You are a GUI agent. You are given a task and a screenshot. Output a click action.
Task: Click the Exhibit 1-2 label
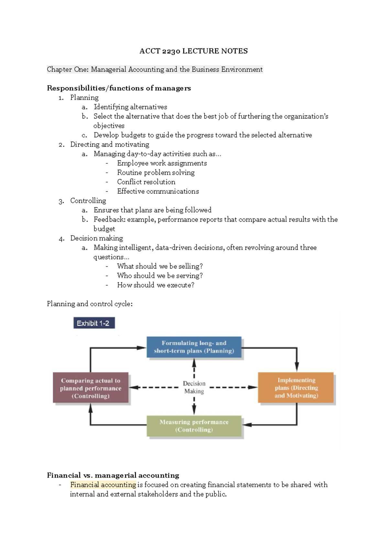point(94,323)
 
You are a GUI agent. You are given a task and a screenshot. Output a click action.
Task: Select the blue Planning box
point(194,347)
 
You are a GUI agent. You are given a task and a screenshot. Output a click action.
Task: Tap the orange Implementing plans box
point(296,388)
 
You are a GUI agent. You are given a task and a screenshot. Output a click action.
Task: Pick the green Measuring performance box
point(194,426)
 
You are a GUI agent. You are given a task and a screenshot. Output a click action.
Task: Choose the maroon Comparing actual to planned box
point(91,388)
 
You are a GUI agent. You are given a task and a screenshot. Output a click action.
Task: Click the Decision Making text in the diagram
point(194,387)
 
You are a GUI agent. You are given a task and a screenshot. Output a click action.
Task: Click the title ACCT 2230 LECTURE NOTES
point(194,51)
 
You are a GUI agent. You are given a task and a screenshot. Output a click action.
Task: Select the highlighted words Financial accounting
point(103,485)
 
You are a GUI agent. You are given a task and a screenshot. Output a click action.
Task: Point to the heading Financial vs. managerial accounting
point(113,475)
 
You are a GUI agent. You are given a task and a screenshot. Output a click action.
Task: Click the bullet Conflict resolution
point(146,182)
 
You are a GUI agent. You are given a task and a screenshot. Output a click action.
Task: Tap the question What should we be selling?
point(160,266)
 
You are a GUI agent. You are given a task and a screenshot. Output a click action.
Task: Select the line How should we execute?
point(156,285)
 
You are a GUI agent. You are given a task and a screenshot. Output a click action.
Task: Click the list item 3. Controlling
point(82,201)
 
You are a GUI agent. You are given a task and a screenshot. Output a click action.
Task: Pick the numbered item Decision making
point(97,238)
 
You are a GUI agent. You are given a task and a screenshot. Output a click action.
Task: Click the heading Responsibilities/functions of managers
point(119,88)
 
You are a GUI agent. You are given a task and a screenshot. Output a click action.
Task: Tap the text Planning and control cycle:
point(90,304)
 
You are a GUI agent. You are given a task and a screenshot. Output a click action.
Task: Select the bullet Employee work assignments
point(162,163)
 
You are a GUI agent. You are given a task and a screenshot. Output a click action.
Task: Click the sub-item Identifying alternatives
point(130,107)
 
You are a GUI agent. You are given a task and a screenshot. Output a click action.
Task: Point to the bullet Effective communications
point(158,191)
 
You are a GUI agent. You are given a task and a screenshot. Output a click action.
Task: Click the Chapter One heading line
point(155,70)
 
